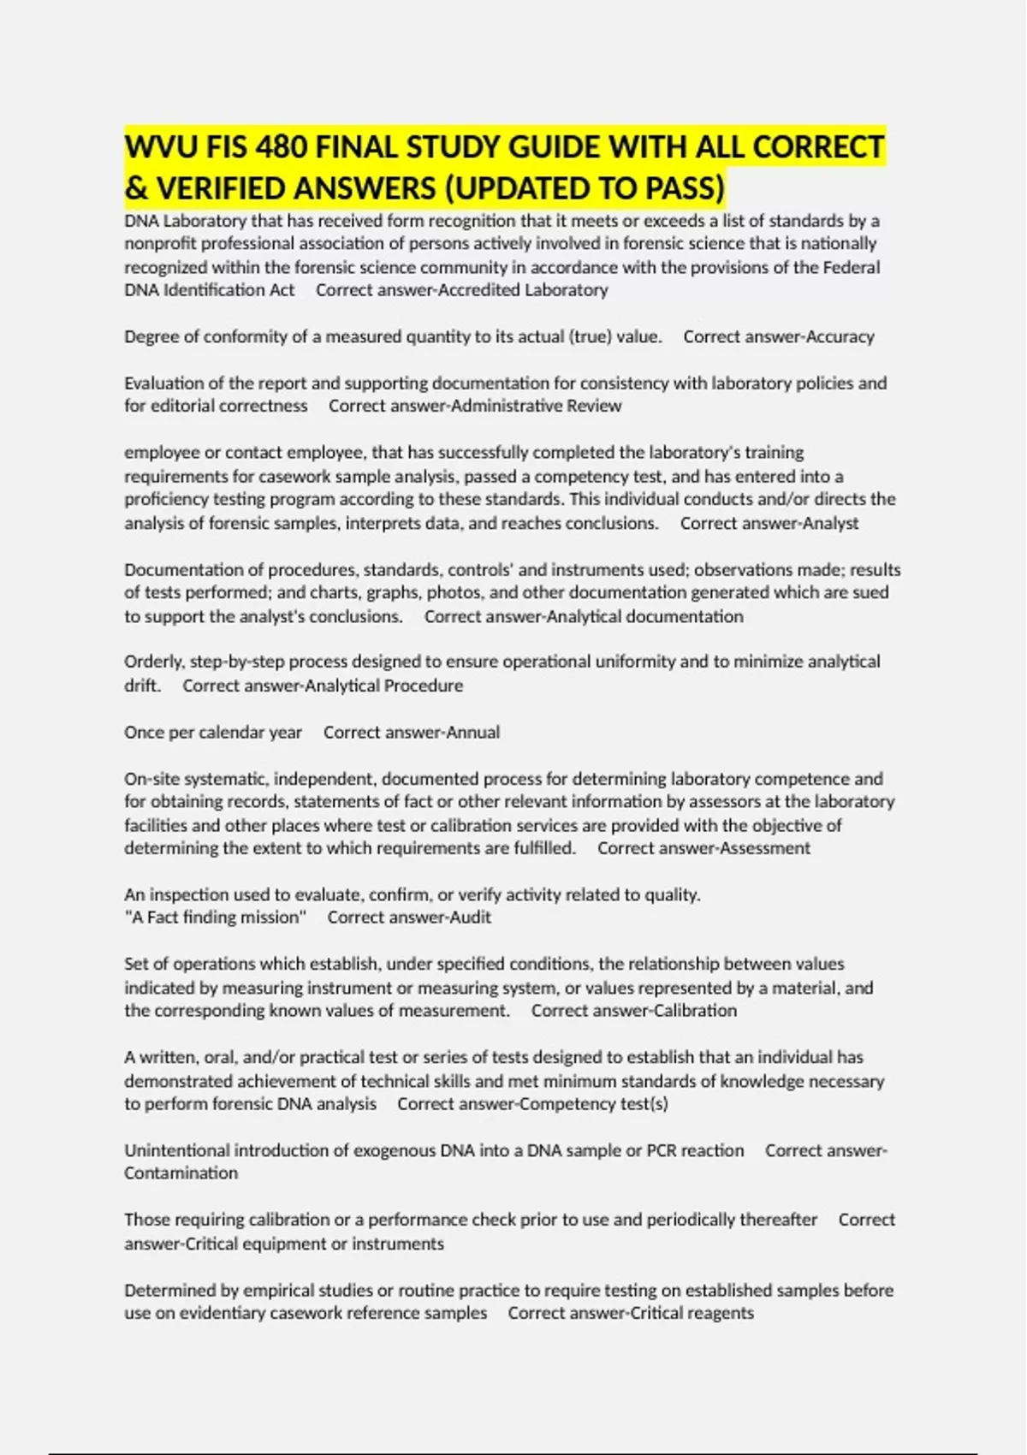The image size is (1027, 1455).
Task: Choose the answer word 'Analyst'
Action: [830, 523]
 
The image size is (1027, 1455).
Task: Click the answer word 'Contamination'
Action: [181, 1173]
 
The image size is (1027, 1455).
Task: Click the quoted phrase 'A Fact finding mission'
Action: [216, 918]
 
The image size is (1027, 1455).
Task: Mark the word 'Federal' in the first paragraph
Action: [851, 267]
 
